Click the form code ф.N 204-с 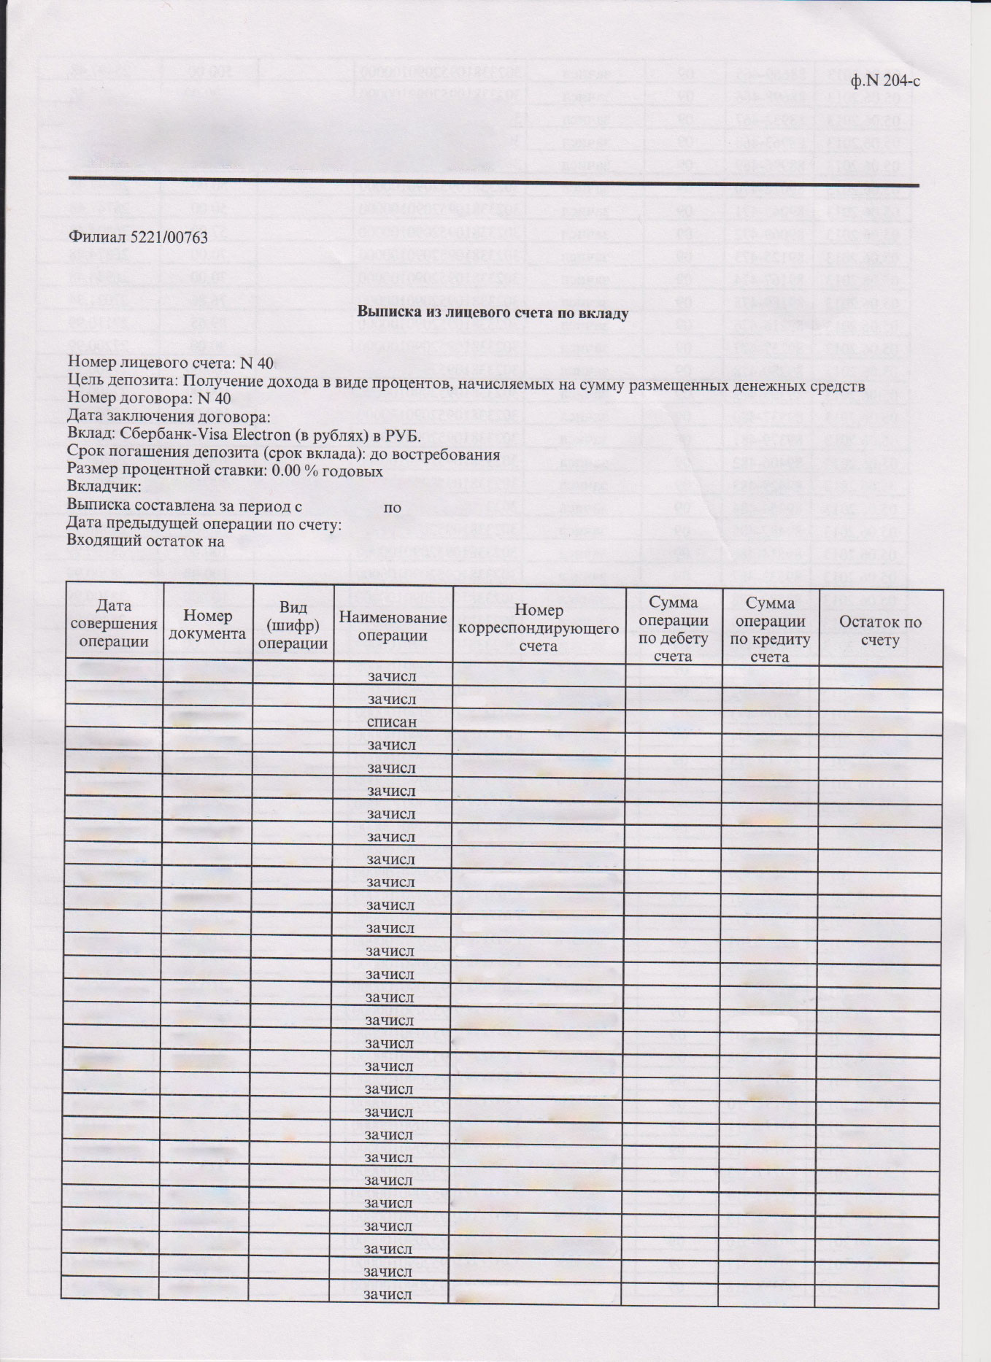pyautogui.click(x=885, y=80)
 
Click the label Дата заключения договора pyautogui.click(x=169, y=417)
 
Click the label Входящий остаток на pyautogui.click(x=145, y=541)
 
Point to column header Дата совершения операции pyautogui.click(x=114, y=624)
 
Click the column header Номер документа pyautogui.click(x=207, y=625)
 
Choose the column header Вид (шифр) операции pyautogui.click(x=293, y=625)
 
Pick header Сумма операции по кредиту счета pyautogui.click(x=770, y=629)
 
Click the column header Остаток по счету pyautogui.click(x=880, y=631)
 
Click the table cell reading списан pyautogui.click(x=392, y=722)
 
